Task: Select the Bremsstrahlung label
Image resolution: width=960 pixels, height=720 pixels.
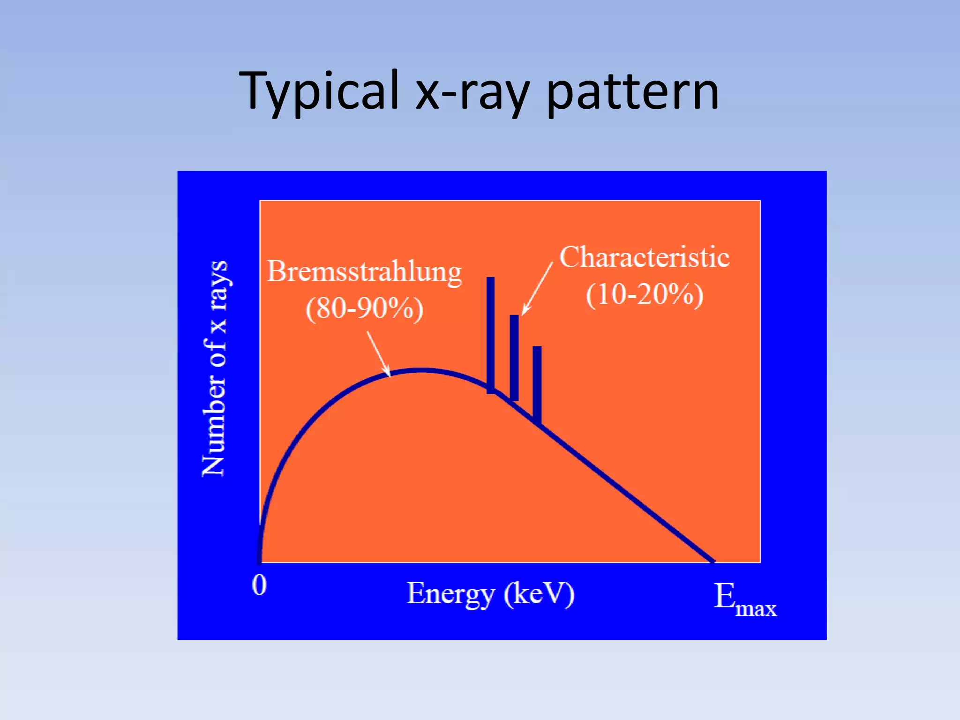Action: click(x=364, y=272)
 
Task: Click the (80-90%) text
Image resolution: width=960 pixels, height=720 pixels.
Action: click(x=364, y=309)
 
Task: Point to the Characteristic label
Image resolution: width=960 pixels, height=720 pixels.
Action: click(x=645, y=257)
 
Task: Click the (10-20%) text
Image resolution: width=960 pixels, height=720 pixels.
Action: click(x=645, y=295)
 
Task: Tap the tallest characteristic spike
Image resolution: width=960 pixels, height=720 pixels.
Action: click(x=490, y=335)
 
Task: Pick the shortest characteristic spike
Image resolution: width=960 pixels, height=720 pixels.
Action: click(x=537, y=384)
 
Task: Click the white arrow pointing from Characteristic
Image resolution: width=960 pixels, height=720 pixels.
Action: click(x=538, y=288)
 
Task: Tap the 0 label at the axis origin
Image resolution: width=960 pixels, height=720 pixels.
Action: click(x=259, y=585)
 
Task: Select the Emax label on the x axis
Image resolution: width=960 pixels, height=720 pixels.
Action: click(x=744, y=600)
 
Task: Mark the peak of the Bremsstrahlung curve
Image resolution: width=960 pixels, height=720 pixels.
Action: click(x=423, y=370)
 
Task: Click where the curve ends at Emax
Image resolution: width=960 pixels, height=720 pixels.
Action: click(x=712, y=561)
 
